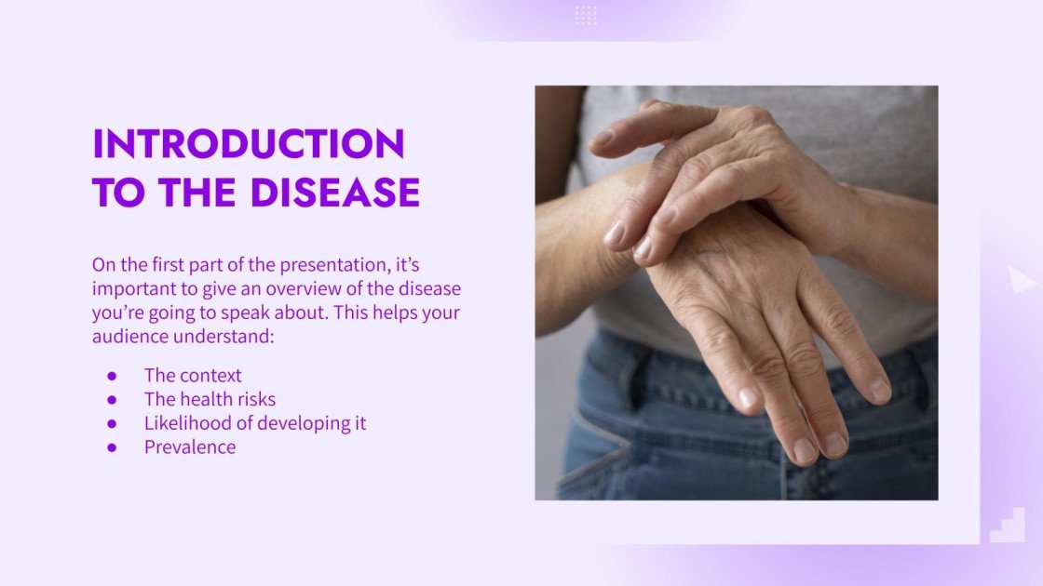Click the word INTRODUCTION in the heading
click(249, 143)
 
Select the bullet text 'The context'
click(193, 376)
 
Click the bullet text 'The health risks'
click(210, 399)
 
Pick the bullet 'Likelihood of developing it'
click(255, 423)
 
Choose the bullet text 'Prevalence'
click(190, 447)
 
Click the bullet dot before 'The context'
click(113, 376)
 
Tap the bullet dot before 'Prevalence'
click(113, 447)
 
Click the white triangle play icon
click(1022, 280)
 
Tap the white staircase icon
click(1008, 526)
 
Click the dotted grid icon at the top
click(586, 15)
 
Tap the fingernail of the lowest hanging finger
click(805, 450)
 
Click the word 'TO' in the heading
click(119, 192)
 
